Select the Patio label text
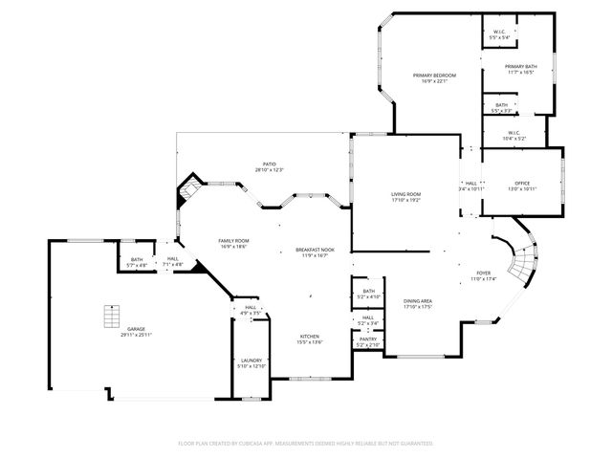pos(270,166)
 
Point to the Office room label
pos(522,186)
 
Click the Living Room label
pos(405,198)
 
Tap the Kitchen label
pos(310,339)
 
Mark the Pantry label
pos(367,341)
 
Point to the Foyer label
pos(484,276)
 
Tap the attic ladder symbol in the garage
pos(112,315)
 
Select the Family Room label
pos(233,243)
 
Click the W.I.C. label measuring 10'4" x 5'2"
pos(514,136)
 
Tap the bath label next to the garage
pos(137,261)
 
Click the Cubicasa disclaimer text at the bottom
pos(306,444)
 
